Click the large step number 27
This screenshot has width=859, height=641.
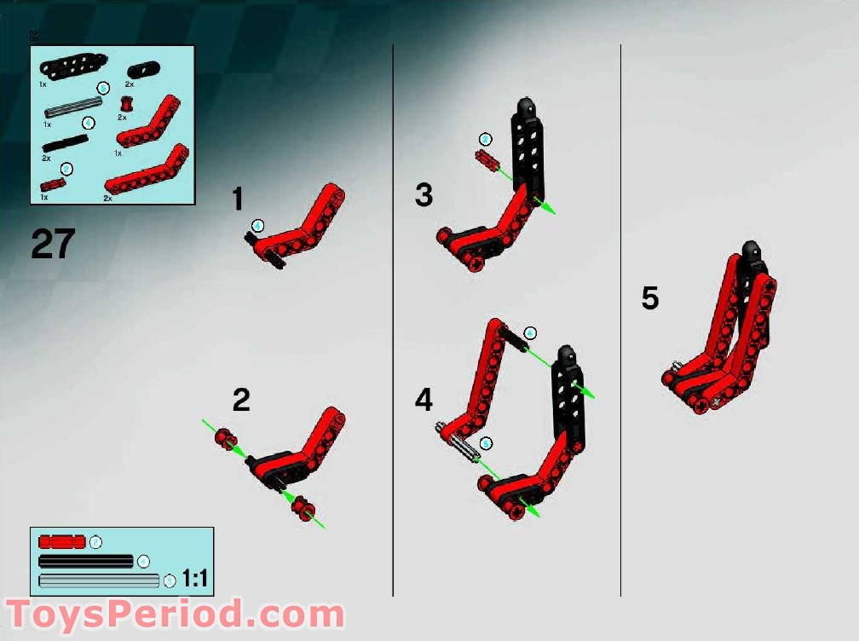tap(53, 244)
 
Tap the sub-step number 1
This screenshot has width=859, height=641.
tap(238, 199)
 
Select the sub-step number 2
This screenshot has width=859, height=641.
tap(241, 400)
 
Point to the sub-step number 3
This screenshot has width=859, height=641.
tap(424, 195)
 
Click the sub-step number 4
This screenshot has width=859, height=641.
tap(424, 399)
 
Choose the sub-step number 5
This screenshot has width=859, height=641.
tap(650, 298)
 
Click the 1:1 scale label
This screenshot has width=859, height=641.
tap(195, 580)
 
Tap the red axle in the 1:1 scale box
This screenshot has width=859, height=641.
tap(62, 541)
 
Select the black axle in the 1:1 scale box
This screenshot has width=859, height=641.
tap(86, 561)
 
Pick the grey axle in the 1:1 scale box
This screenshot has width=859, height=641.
tap(100, 580)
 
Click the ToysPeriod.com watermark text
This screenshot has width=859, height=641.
tap(176, 615)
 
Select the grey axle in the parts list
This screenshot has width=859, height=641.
tap(73, 106)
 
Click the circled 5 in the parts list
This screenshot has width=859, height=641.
tap(103, 88)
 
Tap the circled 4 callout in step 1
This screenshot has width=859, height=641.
tap(258, 225)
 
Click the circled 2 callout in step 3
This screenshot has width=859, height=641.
tap(485, 139)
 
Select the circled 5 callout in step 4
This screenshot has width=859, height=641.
tap(486, 443)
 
